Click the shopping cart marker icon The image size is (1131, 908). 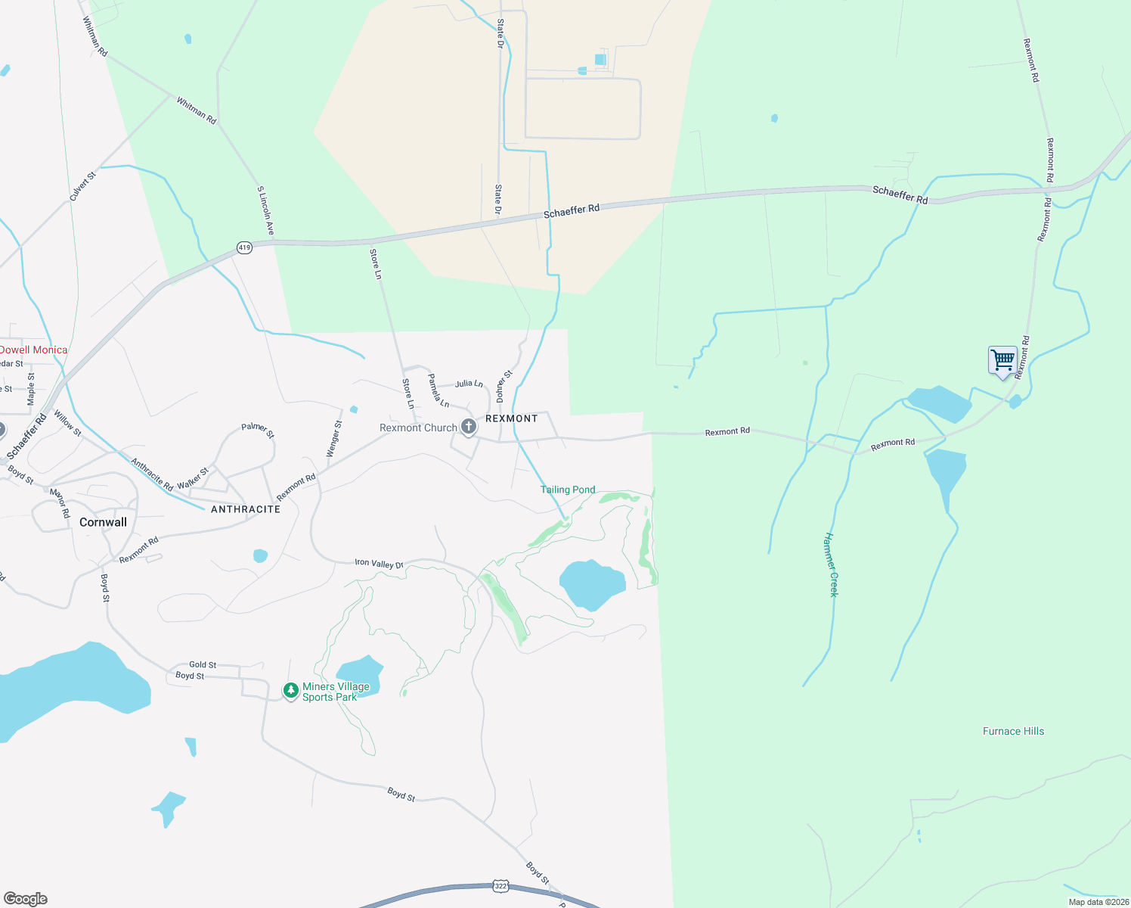coord(1002,360)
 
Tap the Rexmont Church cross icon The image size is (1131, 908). coord(469,428)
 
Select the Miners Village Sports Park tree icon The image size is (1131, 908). coord(290,690)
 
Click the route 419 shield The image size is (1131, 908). coord(243,247)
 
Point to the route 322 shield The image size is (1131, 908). coord(500,885)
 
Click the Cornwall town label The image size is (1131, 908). coord(103,522)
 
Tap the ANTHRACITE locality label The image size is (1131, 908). coord(246,509)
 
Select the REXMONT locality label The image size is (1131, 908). coord(511,418)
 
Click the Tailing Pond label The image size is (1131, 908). coord(568,490)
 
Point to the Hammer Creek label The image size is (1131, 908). coord(831,564)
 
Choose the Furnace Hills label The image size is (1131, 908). coord(1013,731)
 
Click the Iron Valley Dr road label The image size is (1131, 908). coord(380,564)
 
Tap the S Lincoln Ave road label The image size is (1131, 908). coord(265,210)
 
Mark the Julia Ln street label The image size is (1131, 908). coord(469,384)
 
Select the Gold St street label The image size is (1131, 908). coord(203,664)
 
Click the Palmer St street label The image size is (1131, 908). coord(258,430)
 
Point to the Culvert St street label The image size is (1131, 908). coord(82,186)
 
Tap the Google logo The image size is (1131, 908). coord(25,899)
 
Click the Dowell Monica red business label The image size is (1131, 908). coord(33,350)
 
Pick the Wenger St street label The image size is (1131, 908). coord(333,439)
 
